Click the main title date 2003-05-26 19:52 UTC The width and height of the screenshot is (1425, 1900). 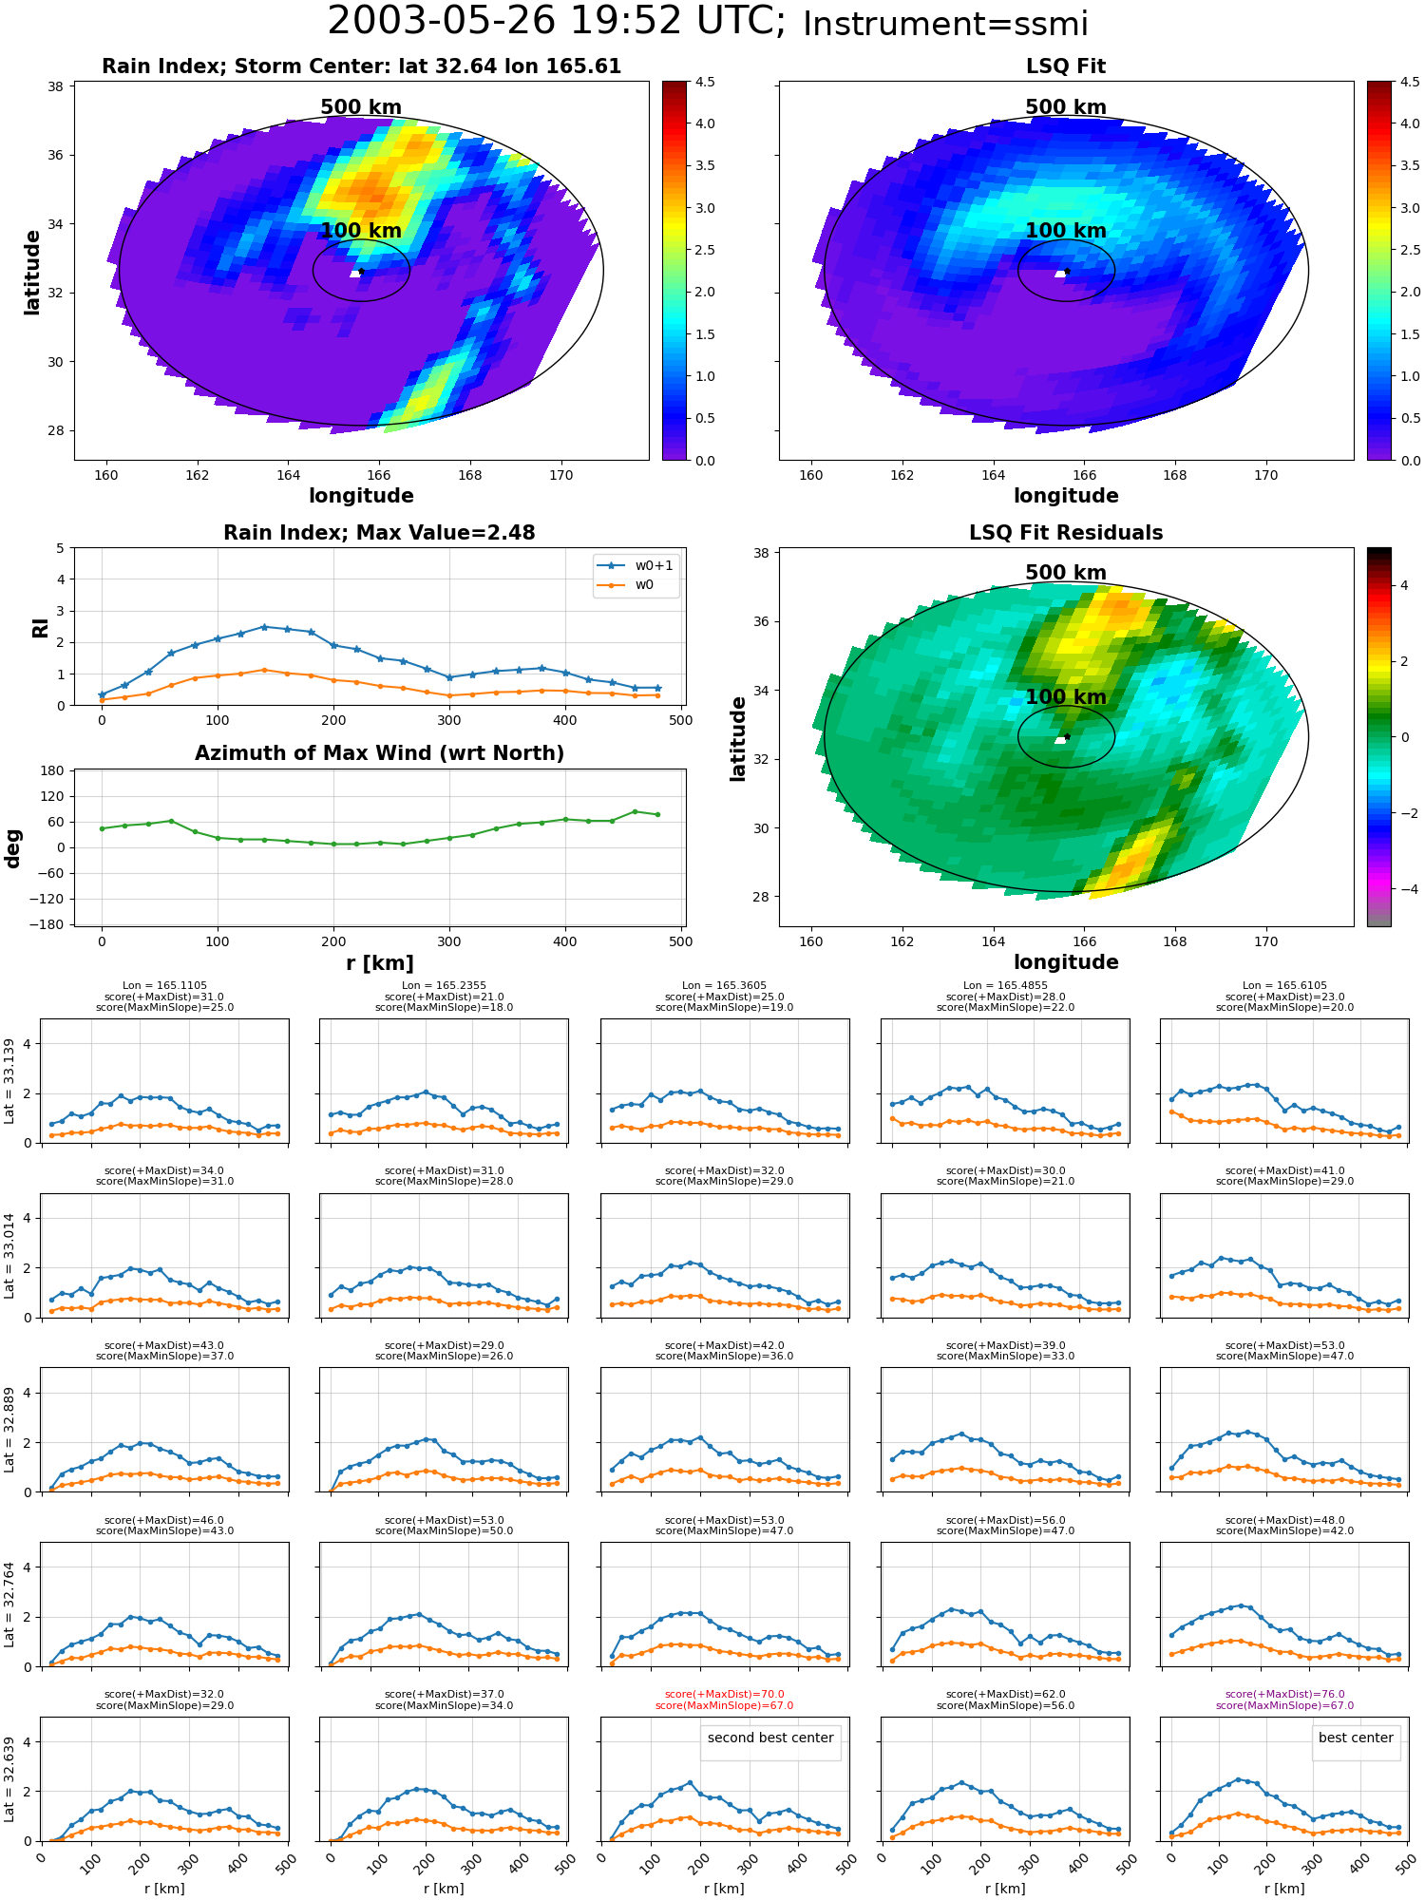click(557, 22)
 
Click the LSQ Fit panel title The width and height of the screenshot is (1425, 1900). click(1066, 66)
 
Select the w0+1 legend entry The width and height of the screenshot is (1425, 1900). click(636, 565)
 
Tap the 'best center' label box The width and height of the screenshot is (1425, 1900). click(1356, 1738)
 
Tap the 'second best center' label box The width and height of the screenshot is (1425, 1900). click(770, 1738)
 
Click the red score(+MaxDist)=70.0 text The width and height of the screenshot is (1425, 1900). click(725, 1695)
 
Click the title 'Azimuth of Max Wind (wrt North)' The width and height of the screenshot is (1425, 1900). click(379, 753)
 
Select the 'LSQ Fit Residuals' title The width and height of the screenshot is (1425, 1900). click(1066, 533)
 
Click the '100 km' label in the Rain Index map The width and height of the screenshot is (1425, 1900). click(361, 231)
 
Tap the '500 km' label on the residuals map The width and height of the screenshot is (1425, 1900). click(1066, 573)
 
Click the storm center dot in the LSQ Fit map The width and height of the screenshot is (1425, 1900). click(1067, 271)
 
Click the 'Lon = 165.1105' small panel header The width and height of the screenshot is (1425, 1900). click(164, 986)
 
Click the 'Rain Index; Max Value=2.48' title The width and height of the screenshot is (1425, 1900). click(379, 533)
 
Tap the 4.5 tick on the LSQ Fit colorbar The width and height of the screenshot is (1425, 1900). click(1410, 82)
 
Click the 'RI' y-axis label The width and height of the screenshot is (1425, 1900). click(41, 628)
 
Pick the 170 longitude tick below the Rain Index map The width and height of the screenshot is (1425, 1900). click(560, 475)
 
